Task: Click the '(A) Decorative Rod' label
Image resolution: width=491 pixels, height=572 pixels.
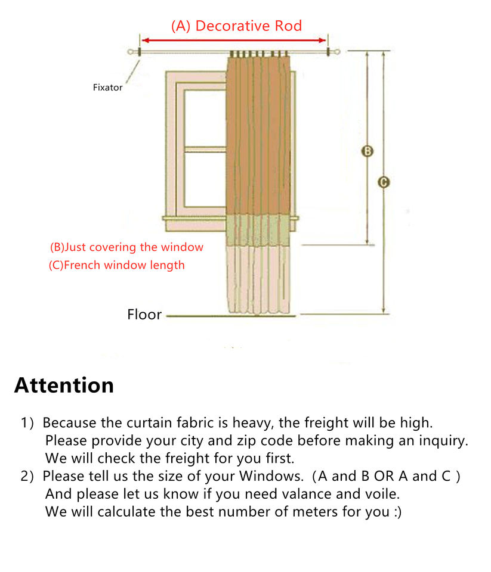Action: pos(236,26)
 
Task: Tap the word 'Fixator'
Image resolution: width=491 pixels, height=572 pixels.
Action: pos(107,88)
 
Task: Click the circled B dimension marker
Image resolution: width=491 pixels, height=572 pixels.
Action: pos(367,151)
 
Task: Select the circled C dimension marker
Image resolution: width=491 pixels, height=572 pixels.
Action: pos(383,182)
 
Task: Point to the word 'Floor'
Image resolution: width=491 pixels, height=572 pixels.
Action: pos(144,315)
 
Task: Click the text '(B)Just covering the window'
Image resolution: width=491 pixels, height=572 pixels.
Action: pos(126,247)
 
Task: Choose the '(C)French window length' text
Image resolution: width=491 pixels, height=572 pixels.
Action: pos(116,265)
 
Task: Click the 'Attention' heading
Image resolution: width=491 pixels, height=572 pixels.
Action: pos(64,386)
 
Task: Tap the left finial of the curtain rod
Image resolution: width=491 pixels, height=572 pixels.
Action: pos(130,52)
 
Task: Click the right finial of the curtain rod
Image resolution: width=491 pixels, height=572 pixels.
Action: pos(337,52)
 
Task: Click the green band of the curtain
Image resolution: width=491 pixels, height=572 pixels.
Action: pos(258,230)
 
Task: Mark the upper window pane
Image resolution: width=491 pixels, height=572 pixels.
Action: pos(205,118)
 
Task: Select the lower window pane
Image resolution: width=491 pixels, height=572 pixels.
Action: pos(205,179)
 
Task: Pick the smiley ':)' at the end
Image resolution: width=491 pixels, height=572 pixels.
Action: pos(398,512)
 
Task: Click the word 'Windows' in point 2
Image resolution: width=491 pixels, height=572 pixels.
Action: pos(270,477)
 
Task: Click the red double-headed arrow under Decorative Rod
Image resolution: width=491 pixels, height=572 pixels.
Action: pos(234,40)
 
